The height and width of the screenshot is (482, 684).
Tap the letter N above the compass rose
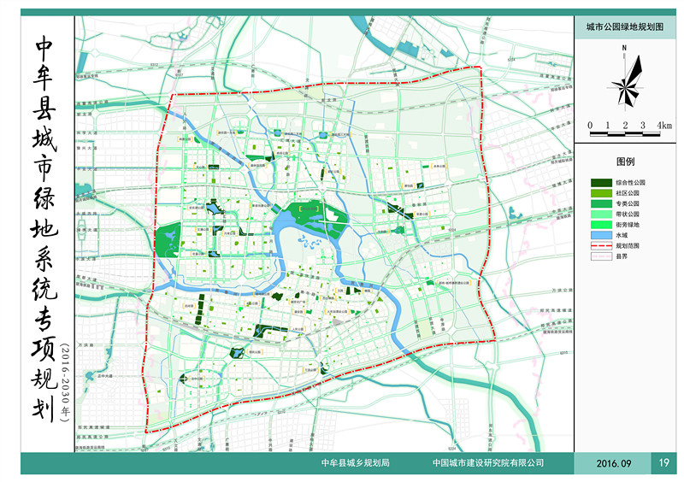pyautogui.click(x=625, y=48)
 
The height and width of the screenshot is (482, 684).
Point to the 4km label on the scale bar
pyautogui.click(x=663, y=125)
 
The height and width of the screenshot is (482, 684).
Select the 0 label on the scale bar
pyautogui.click(x=589, y=125)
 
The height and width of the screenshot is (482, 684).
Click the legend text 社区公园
pyautogui.click(x=627, y=193)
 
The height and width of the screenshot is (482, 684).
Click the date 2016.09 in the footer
pyautogui.click(x=613, y=463)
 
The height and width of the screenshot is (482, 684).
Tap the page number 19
pyautogui.click(x=664, y=463)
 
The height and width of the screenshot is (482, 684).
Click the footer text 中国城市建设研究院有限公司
pyautogui.click(x=488, y=463)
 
